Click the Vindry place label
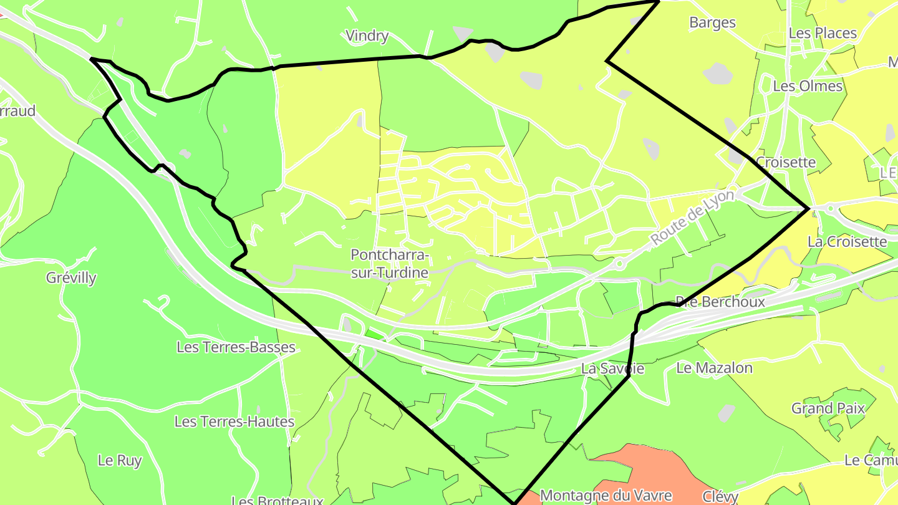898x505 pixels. coord(367,36)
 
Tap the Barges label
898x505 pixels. coord(712,23)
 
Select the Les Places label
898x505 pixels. coord(823,33)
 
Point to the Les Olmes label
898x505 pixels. coord(808,86)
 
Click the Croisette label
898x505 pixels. coord(786,163)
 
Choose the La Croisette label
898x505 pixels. coord(847,241)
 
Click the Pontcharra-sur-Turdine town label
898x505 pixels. coord(390,264)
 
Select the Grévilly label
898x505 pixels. coord(71,277)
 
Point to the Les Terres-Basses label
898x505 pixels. coord(236,347)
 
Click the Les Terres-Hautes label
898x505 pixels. coord(234,422)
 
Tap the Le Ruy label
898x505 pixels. coord(120,461)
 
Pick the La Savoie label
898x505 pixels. coord(612,368)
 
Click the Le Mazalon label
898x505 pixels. coord(714,368)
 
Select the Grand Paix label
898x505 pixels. coord(828,408)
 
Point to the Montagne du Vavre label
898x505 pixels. coord(606,496)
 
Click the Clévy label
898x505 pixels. coord(720,497)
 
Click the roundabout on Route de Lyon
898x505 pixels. coord(619,264)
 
